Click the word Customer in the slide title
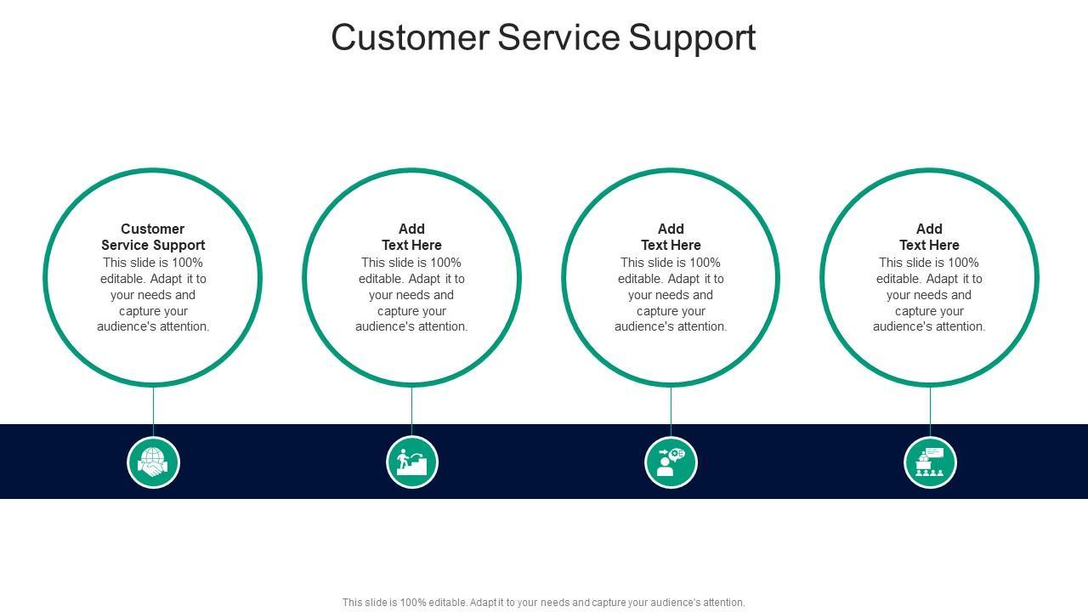point(410,38)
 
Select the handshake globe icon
point(153,462)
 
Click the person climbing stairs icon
point(412,462)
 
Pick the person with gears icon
point(671,462)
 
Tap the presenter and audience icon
point(930,462)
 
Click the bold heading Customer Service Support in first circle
point(153,237)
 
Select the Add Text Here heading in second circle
point(411,237)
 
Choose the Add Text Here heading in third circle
point(671,237)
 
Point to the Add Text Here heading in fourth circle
point(929,237)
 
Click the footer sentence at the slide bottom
point(544,603)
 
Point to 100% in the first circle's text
point(187,263)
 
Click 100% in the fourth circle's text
point(963,263)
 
